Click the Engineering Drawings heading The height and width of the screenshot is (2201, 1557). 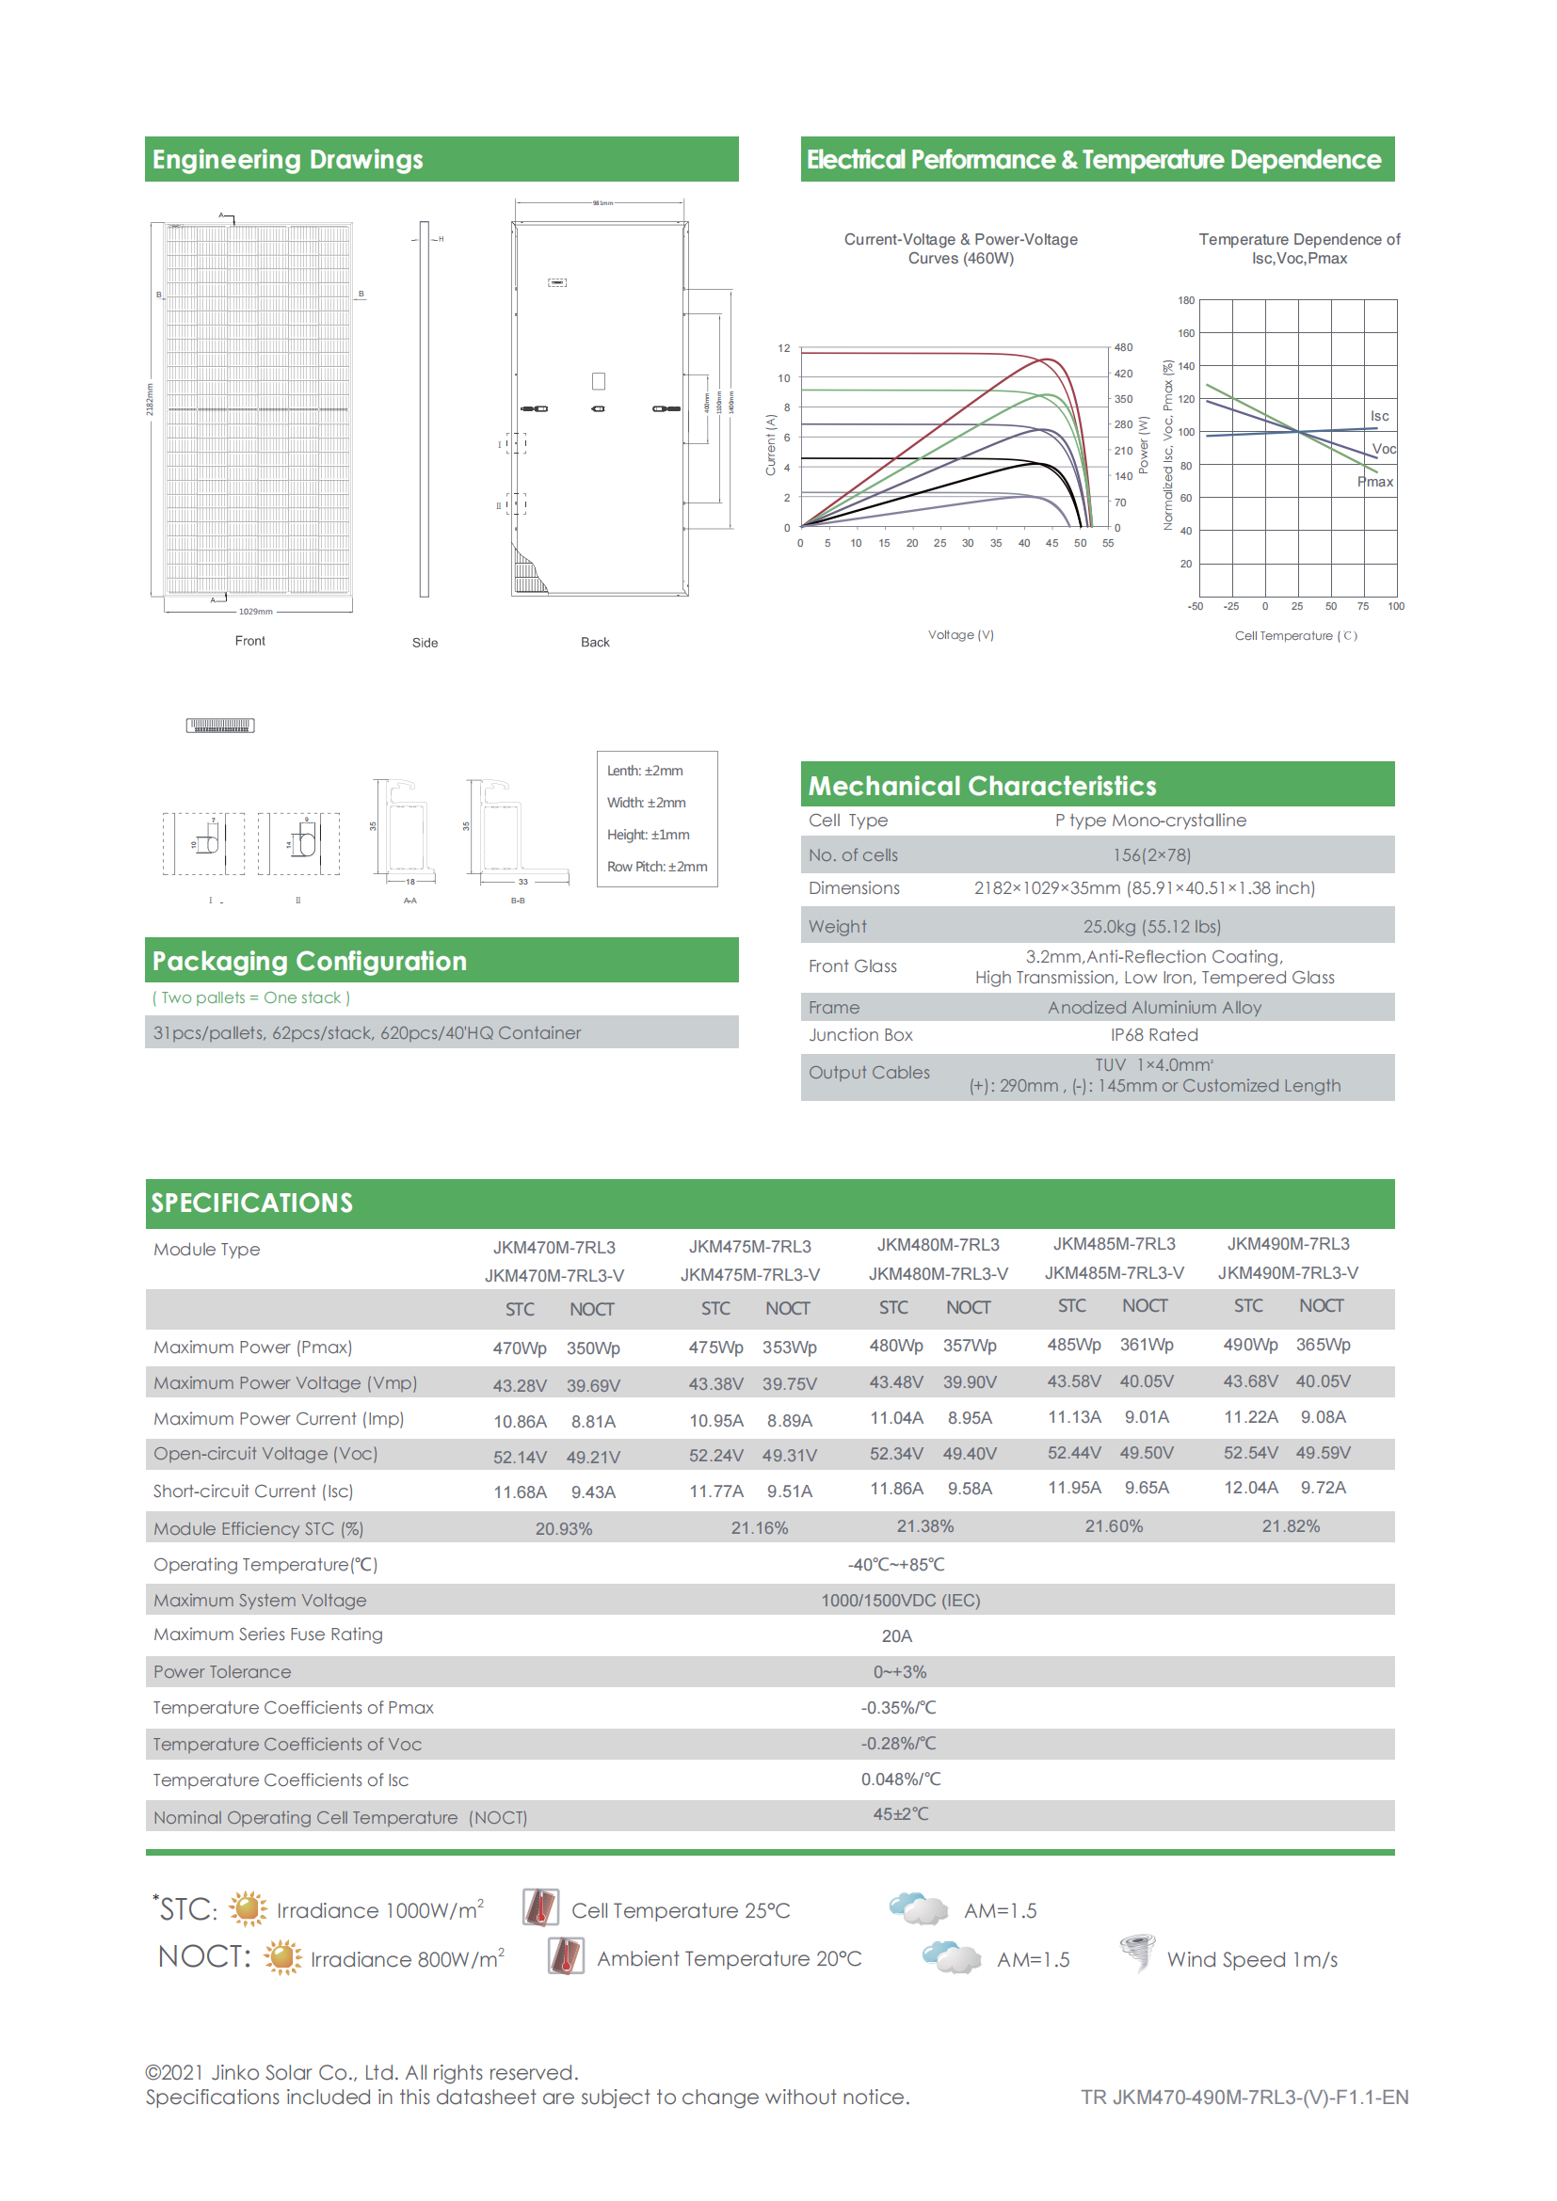[x=288, y=159]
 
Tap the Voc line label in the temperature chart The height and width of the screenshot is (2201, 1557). [x=1384, y=449]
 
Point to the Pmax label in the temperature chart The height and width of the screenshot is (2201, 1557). [x=1374, y=481]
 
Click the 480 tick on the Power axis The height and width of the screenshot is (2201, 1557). [x=1123, y=347]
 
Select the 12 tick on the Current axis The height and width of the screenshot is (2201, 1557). [x=783, y=348]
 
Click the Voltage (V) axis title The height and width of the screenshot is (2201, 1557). [x=961, y=634]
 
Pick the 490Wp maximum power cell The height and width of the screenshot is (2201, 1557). [x=1250, y=1345]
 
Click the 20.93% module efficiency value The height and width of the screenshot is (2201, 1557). [x=564, y=1529]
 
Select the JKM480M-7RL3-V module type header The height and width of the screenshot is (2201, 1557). [x=938, y=1273]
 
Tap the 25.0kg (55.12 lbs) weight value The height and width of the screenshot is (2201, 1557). [x=1151, y=926]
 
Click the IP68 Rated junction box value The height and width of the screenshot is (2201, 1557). [x=1154, y=1034]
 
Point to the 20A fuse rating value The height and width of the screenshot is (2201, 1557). [x=896, y=1635]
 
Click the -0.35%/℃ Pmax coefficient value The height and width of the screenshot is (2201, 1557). [x=898, y=1707]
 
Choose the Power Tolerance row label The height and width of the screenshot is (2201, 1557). [x=222, y=1672]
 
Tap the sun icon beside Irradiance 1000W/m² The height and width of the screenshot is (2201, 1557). [x=249, y=1908]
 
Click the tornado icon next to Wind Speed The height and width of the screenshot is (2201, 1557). [x=1137, y=1952]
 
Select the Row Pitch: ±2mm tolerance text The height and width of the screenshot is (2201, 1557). [x=657, y=867]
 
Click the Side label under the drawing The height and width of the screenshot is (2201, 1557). [x=425, y=643]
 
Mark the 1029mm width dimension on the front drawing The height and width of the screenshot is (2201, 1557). [x=256, y=611]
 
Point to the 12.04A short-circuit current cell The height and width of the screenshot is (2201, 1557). [x=1250, y=1488]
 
